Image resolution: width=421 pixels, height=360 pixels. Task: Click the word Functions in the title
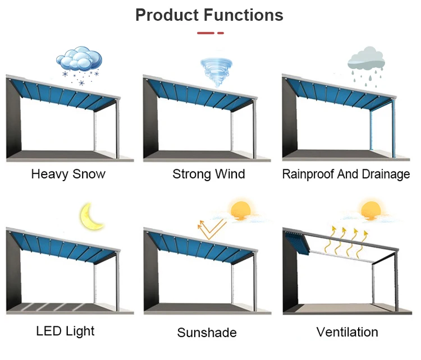click(246, 15)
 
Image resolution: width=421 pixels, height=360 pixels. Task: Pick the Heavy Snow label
click(68, 174)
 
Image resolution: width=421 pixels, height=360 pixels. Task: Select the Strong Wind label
click(208, 174)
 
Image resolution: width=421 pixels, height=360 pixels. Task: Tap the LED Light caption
click(65, 330)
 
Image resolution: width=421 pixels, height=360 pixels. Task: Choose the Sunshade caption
click(207, 333)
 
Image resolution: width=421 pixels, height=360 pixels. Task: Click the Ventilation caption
click(347, 332)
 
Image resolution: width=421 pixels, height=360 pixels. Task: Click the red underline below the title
click(210, 33)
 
